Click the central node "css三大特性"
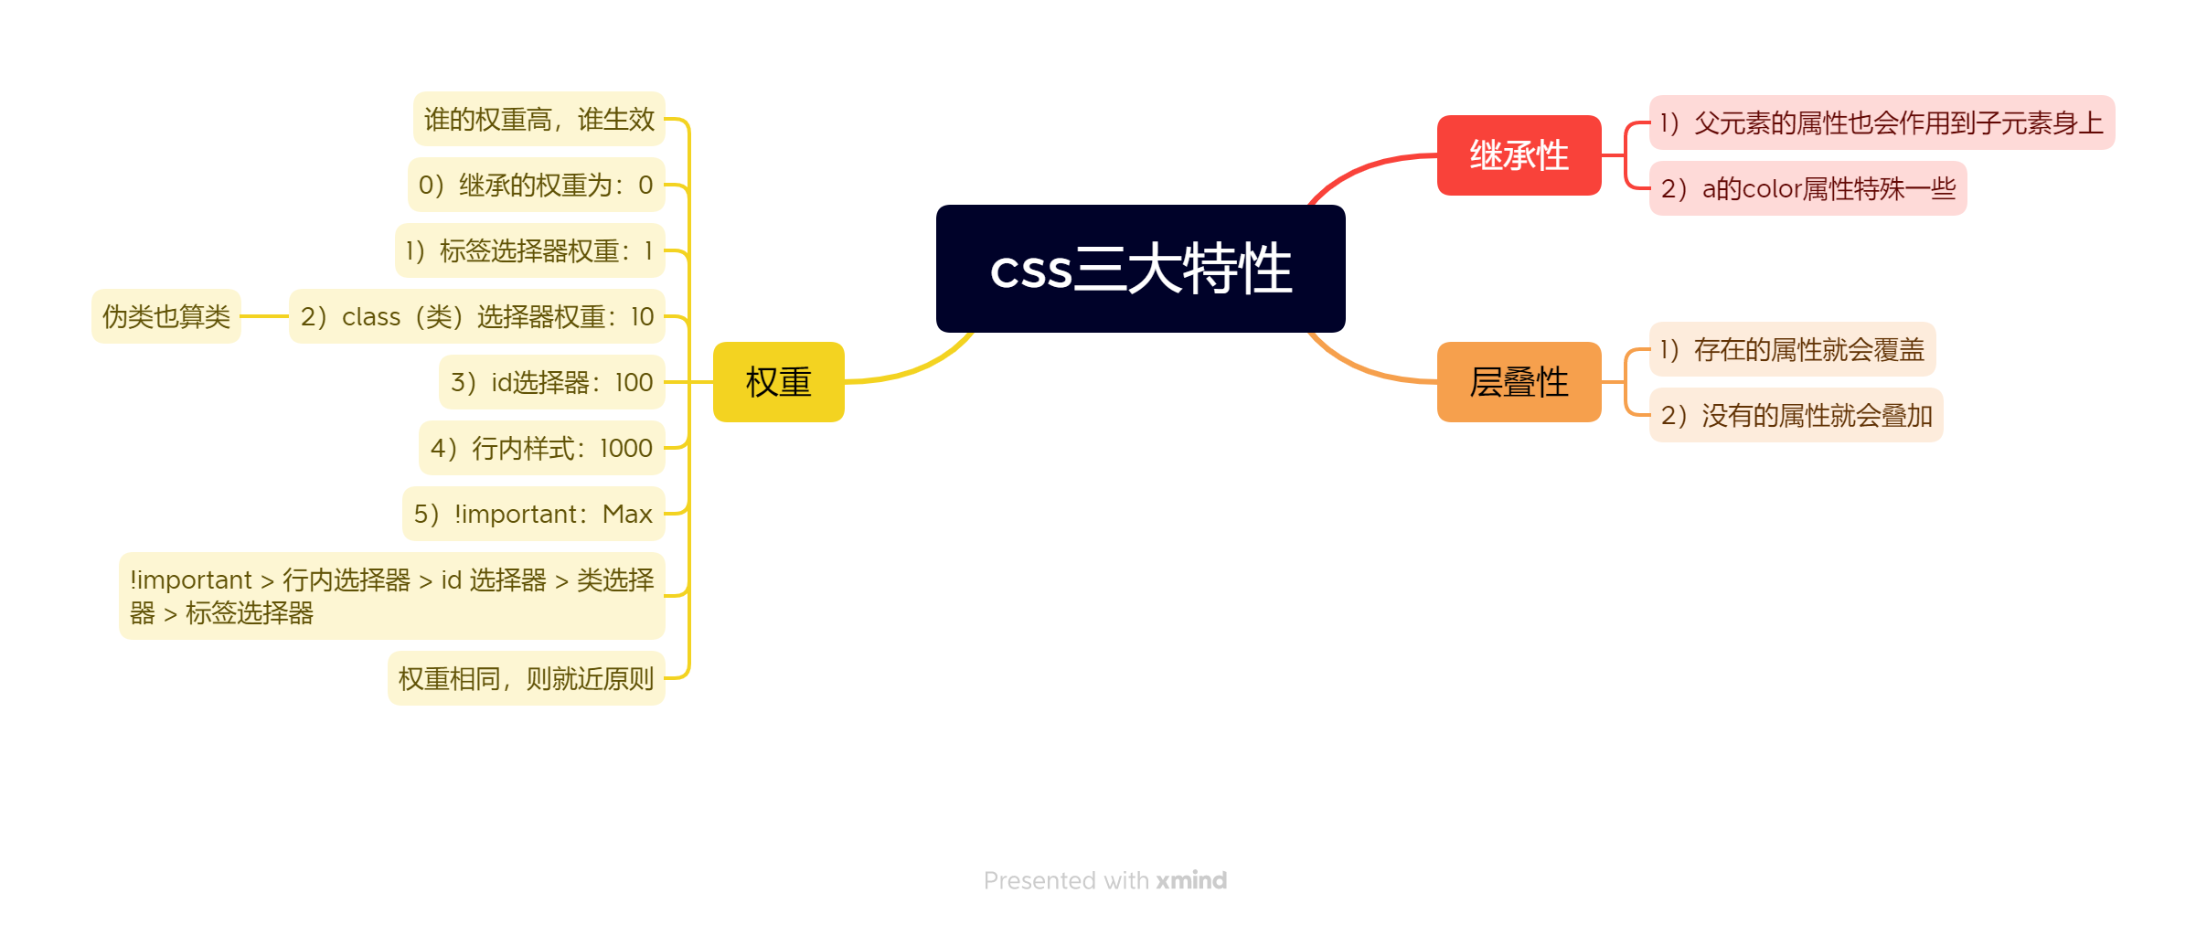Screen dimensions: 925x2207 (x=1140, y=269)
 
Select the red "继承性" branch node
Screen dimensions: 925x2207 (x=1519, y=155)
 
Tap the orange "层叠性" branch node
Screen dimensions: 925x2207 (x=1519, y=382)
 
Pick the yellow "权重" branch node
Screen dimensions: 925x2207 (x=778, y=382)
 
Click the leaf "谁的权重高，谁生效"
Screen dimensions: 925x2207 (x=538, y=119)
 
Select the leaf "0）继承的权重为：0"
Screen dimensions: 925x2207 (x=536, y=185)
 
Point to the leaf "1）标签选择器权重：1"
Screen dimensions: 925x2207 (x=529, y=250)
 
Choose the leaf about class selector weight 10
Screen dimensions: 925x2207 (x=476, y=316)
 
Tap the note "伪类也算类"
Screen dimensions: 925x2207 (x=165, y=316)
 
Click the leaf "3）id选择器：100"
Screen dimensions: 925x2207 (x=551, y=382)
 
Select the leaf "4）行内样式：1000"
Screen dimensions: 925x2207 (x=541, y=448)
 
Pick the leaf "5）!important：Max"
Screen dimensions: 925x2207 (x=533, y=514)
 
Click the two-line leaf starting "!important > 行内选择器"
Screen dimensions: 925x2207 (x=391, y=596)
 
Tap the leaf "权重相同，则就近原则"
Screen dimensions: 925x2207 (x=526, y=678)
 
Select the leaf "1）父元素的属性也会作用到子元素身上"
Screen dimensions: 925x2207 (x=1882, y=122)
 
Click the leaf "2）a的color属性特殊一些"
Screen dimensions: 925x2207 (x=1807, y=188)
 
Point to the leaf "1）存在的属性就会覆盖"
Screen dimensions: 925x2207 (x=1792, y=349)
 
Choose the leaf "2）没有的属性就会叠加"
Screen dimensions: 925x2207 (x=1796, y=415)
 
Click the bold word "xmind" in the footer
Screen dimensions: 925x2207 (x=1191, y=880)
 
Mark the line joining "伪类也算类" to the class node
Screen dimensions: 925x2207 (x=264, y=316)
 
